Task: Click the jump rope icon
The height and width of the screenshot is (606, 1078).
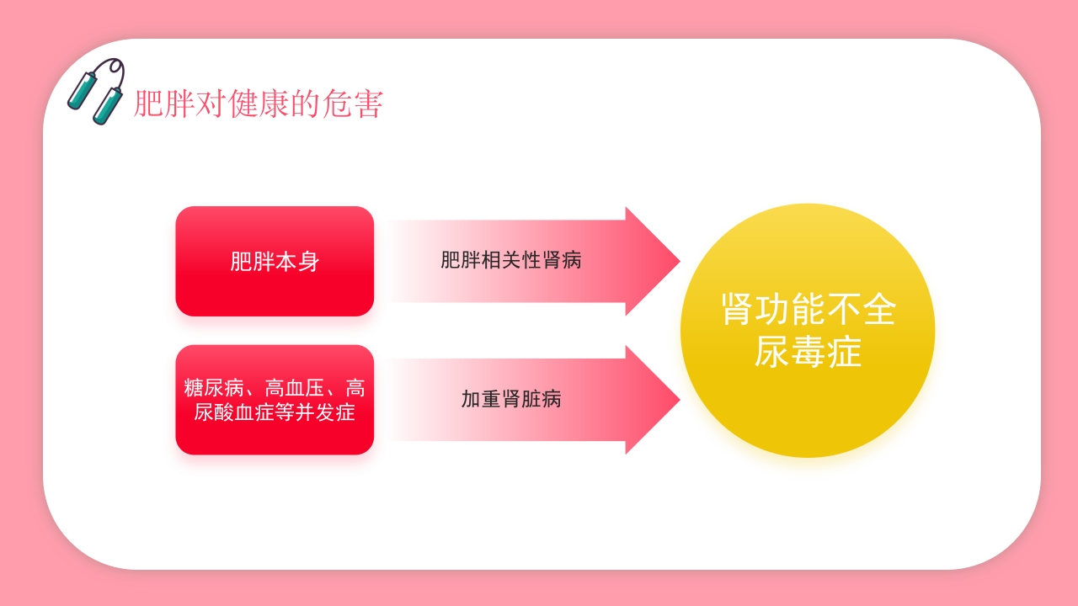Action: click(x=96, y=91)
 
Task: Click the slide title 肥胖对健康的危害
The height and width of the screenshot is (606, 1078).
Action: click(x=259, y=104)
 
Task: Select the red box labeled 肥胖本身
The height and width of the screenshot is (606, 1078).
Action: click(x=275, y=261)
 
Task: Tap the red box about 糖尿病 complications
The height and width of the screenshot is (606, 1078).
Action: click(x=275, y=400)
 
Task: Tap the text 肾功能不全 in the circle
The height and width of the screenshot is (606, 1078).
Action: click(x=808, y=310)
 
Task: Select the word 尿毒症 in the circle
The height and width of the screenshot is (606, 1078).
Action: click(x=808, y=352)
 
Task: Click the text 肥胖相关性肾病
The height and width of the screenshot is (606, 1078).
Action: click(x=511, y=260)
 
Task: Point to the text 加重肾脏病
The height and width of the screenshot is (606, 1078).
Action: click(x=511, y=399)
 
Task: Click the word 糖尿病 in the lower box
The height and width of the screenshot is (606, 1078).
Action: click(x=214, y=388)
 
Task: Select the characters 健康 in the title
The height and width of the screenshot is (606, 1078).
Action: click(x=259, y=104)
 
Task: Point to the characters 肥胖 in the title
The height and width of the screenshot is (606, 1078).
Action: click(x=164, y=104)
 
